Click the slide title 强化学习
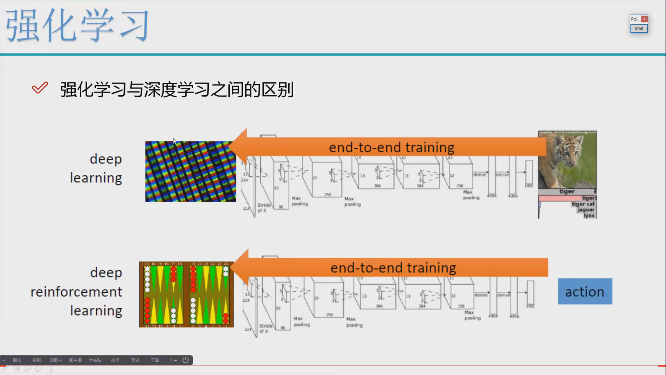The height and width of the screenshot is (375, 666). (77, 25)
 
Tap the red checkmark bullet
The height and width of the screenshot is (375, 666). (40, 87)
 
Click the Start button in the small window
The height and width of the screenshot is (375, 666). (639, 28)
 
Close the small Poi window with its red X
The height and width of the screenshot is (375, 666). (644, 19)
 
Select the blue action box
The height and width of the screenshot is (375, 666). (585, 292)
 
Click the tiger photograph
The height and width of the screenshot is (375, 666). (567, 160)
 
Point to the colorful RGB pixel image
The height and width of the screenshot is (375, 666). (190, 171)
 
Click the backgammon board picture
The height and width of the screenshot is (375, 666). (186, 294)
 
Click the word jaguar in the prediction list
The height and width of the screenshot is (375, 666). (586, 209)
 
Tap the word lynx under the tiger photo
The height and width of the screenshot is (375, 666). (589, 215)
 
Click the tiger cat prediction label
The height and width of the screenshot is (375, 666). (583, 204)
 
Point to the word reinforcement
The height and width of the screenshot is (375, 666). (76, 292)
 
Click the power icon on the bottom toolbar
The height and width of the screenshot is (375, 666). (185, 360)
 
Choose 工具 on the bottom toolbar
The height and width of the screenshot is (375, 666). (155, 360)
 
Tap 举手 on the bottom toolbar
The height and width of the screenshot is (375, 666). (115, 360)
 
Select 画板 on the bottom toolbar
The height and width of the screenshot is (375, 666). (17, 360)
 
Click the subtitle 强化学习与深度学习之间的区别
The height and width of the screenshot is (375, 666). (177, 90)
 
